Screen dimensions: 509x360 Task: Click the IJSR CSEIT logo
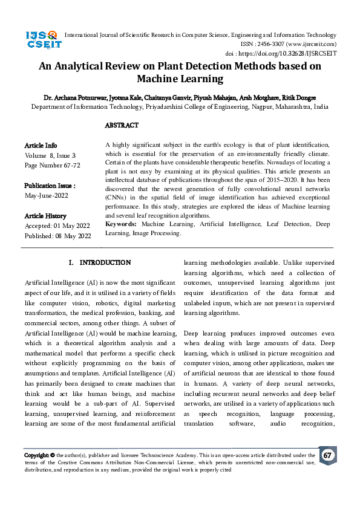point(42,41)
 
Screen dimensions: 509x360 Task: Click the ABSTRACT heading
point(122,126)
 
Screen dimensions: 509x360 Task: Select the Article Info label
point(41,146)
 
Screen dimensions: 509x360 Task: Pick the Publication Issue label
point(50,186)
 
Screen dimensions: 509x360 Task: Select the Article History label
point(45,216)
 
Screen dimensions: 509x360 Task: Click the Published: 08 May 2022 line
point(57,235)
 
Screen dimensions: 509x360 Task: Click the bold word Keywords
point(121,224)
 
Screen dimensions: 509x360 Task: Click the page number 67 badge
point(327,455)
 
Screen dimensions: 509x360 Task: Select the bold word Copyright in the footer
point(36,455)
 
